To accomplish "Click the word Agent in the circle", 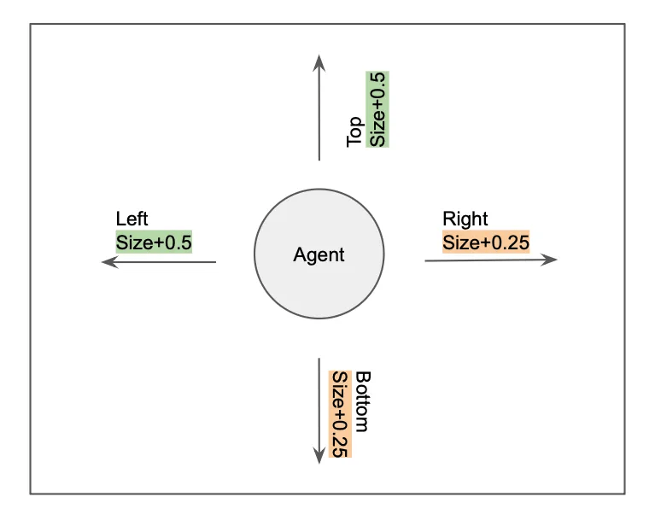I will (319, 254).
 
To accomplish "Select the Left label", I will (132, 219).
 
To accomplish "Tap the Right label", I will (465, 219).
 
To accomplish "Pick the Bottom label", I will (362, 401).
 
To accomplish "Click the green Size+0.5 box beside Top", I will (377, 108).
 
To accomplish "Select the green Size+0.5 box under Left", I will (154, 242).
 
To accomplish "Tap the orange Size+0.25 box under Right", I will (486, 242).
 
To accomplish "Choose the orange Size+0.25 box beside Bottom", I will (340, 415).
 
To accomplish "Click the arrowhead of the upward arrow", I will (319, 61).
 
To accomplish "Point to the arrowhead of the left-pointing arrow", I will (107, 263).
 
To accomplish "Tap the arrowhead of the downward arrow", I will (319, 455).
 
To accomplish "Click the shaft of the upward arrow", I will (319, 111).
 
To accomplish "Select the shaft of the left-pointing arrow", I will (162, 263).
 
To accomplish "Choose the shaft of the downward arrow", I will (319, 406).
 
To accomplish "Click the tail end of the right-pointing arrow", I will (426, 261).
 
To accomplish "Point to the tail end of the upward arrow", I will (319, 160).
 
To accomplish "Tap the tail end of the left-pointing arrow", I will (215, 263).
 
